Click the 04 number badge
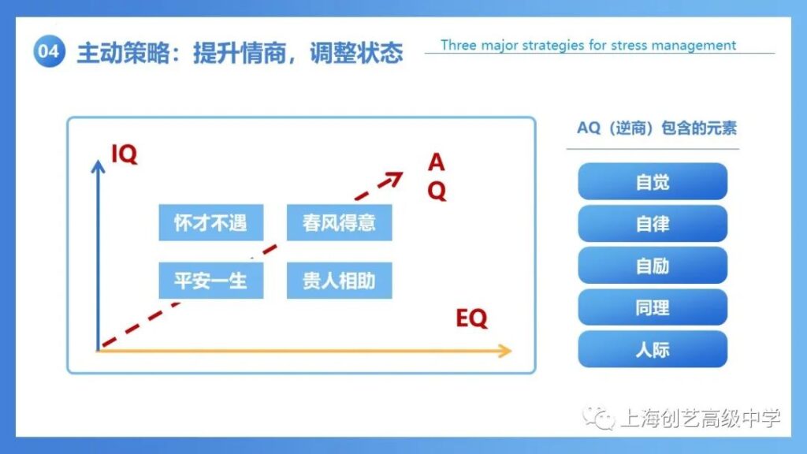click(x=50, y=51)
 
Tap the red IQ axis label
click(x=125, y=154)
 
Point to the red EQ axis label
click(x=471, y=318)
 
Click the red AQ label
click(x=437, y=177)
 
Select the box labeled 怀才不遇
click(x=211, y=222)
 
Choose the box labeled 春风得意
click(x=339, y=222)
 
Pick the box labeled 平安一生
click(x=211, y=281)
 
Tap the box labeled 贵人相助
click(x=339, y=281)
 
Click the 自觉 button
click(x=653, y=182)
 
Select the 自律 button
click(x=653, y=223)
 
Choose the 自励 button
click(x=653, y=266)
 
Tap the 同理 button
click(x=653, y=307)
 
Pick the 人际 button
click(x=653, y=349)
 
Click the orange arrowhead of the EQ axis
click(x=505, y=351)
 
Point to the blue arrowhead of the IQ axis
click(x=98, y=166)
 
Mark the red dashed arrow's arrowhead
click(x=394, y=179)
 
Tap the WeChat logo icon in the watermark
click(x=599, y=418)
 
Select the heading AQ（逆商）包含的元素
click(x=656, y=128)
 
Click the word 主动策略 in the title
click(x=123, y=53)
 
